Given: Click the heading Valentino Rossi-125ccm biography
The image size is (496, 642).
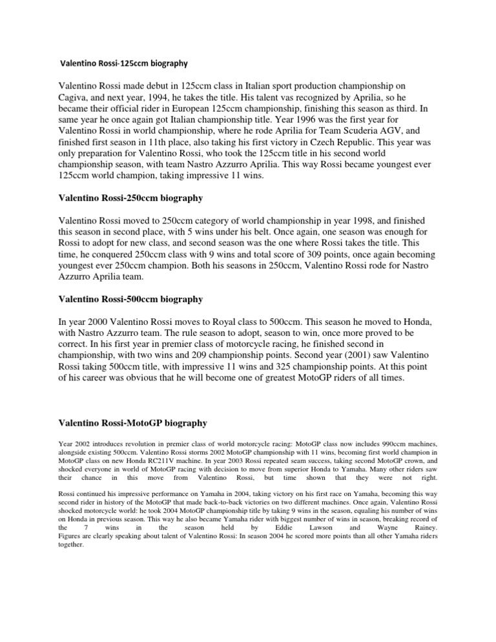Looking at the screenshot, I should click(123, 64).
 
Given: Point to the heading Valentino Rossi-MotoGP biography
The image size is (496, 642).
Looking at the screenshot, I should click(133, 423).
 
